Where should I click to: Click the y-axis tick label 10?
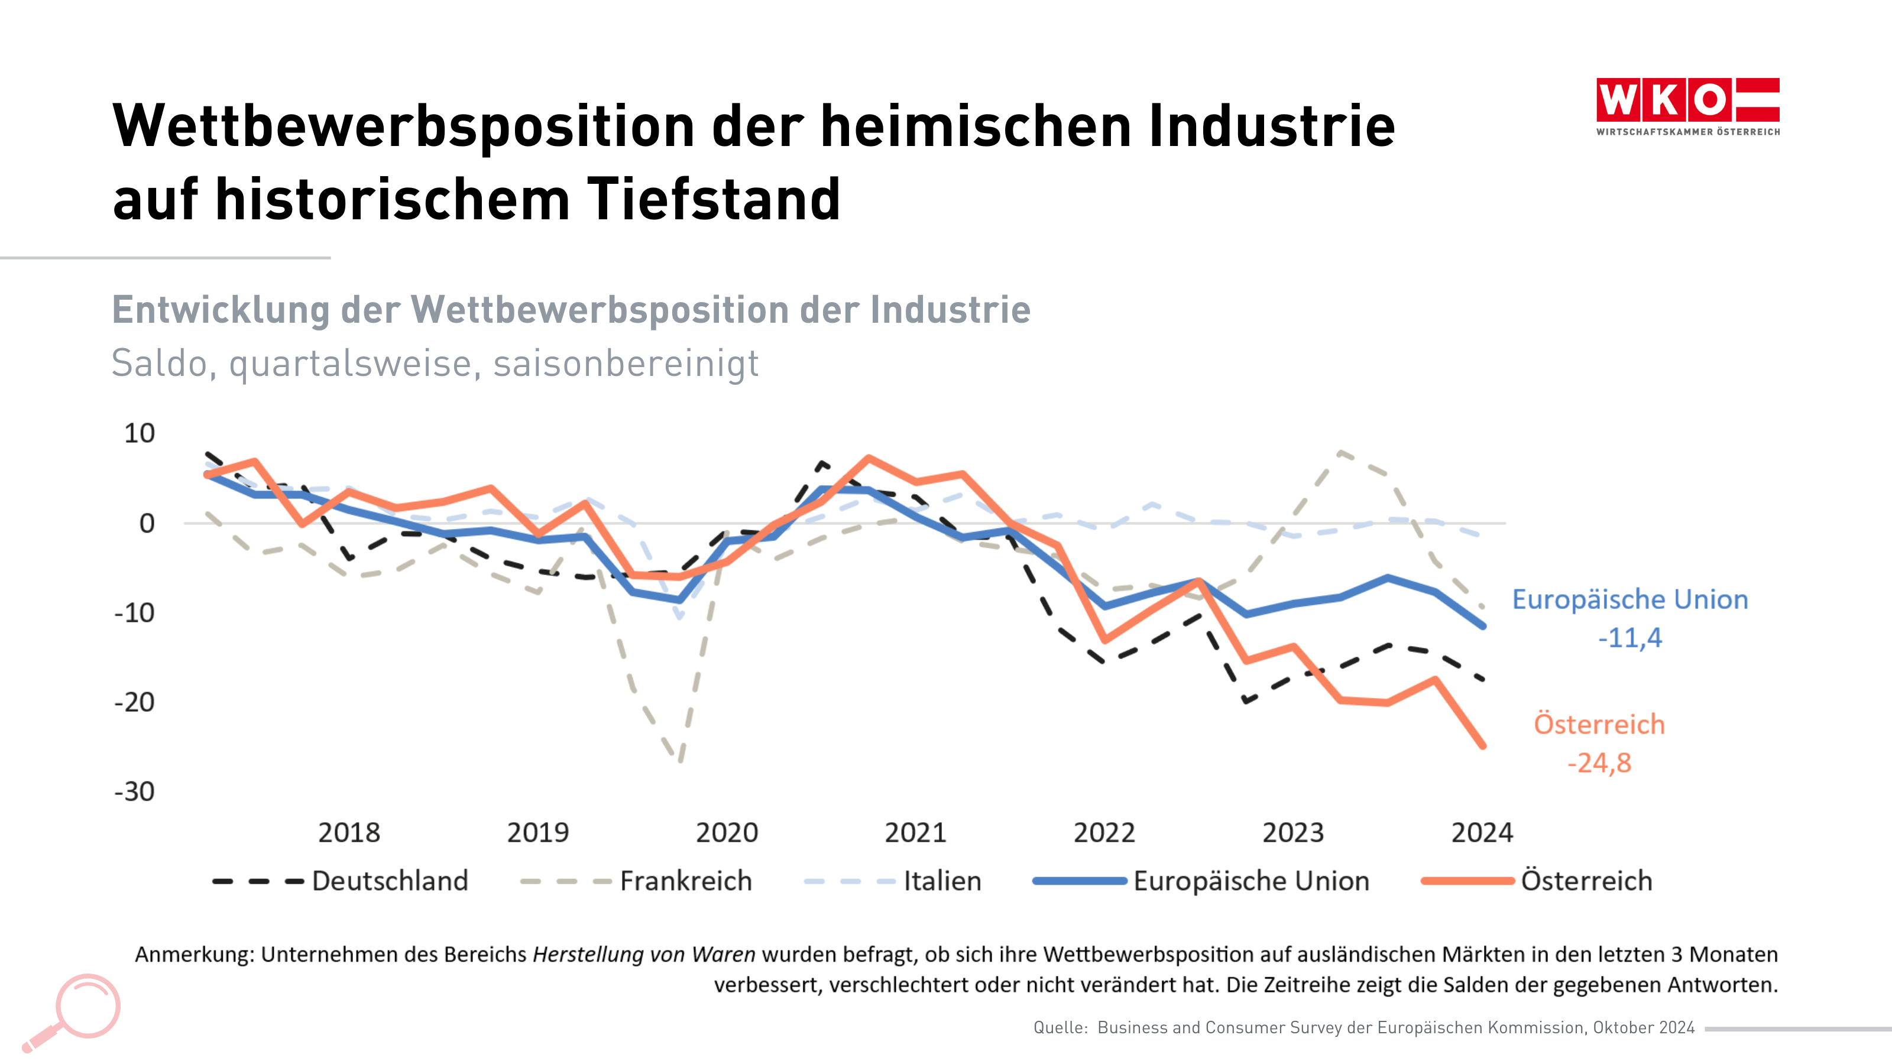click(x=139, y=433)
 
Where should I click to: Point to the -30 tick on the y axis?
click(x=134, y=791)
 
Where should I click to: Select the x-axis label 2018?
click(x=349, y=833)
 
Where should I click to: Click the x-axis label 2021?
click(x=915, y=833)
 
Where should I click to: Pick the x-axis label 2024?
click(x=1482, y=833)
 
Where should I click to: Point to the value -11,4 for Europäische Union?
click(x=1630, y=637)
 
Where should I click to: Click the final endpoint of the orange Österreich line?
click(x=1482, y=745)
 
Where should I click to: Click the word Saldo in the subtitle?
click(x=160, y=364)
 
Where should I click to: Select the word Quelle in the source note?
click(x=1059, y=1027)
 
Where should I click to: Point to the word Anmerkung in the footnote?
click(x=194, y=955)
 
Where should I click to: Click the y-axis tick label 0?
click(x=147, y=524)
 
